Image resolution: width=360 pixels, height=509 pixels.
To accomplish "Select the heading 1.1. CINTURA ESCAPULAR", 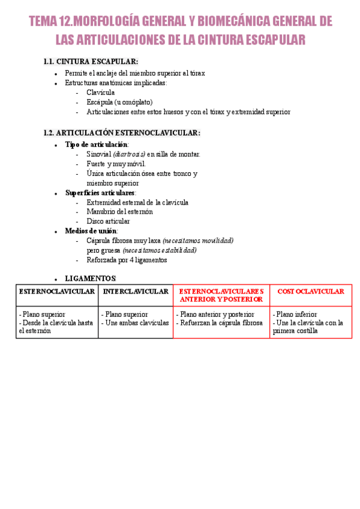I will pos(91,62).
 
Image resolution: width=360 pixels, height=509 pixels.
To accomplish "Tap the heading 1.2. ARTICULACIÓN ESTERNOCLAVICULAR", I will pos(122,133).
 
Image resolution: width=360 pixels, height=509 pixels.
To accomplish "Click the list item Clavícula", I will pos(100,92).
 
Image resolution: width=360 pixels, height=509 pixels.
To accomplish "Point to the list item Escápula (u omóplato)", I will pos(119,102).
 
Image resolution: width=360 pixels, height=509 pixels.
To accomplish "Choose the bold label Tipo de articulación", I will pos(96,145).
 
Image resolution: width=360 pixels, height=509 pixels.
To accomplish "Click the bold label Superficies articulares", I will pos(100,193).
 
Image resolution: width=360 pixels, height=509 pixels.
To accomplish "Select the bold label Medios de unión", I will pos(91,231).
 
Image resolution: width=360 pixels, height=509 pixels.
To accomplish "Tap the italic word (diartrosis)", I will pos(129,154).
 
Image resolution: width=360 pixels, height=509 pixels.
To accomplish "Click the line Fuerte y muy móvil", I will pos(116,164).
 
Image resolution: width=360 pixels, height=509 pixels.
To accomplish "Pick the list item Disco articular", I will pos(108,221).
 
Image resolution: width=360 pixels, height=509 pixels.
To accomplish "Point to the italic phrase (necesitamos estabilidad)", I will pos(159,250).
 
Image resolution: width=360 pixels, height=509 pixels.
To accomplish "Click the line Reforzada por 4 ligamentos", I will pos(127,260).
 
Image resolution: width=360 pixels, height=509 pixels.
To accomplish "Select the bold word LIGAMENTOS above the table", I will pos(90,279).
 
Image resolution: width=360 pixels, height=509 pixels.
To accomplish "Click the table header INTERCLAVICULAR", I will pos(136,292).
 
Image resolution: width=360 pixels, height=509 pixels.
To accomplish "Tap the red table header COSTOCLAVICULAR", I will pos(311,292).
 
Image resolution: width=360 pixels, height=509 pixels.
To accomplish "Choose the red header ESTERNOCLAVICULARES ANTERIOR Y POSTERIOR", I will pos(221,295).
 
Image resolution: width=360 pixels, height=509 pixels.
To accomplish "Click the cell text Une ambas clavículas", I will pos(137,322).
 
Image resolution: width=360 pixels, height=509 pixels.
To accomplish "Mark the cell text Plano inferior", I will pos(296,315).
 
